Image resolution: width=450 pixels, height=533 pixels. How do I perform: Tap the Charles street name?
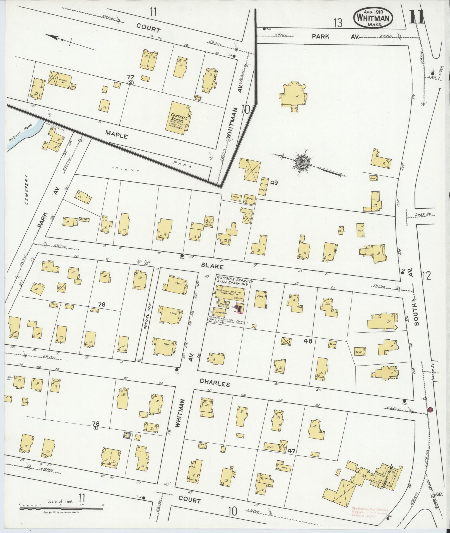point(215,384)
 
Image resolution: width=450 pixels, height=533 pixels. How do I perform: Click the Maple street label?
point(116,135)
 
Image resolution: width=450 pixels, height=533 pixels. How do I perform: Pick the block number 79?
point(101,305)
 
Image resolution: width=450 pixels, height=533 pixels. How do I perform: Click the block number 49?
point(274,182)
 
